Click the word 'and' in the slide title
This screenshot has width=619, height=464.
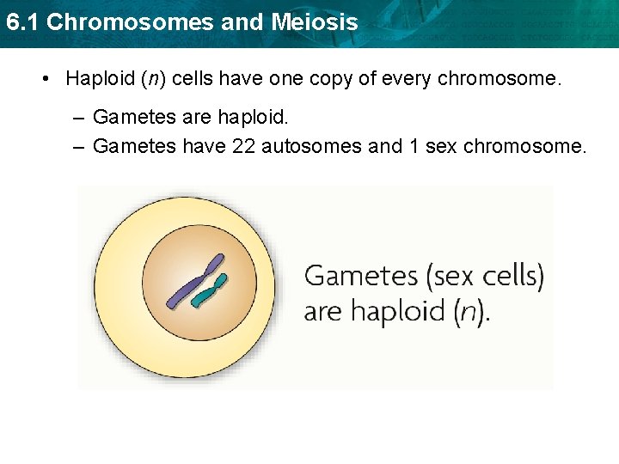[x=242, y=22]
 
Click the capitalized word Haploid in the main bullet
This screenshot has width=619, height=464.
[x=99, y=79]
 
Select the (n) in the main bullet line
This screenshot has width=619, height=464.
[x=155, y=79]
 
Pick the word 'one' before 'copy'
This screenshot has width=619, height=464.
[x=265, y=79]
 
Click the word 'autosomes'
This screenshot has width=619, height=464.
[x=312, y=146]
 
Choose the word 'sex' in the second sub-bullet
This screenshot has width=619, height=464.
[x=441, y=146]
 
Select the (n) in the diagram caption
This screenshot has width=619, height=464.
[x=469, y=309]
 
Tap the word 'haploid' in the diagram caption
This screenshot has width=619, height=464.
[x=395, y=310]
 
